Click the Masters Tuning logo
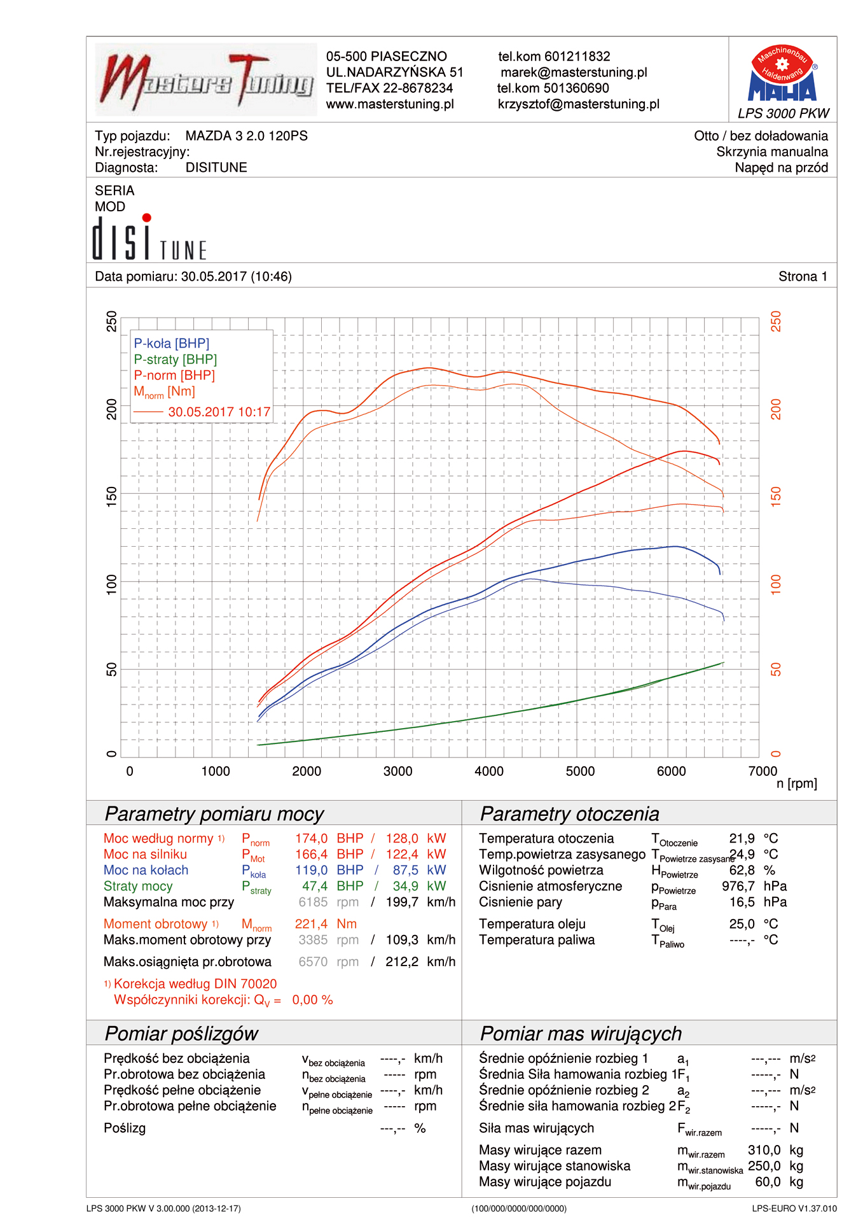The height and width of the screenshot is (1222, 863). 206,80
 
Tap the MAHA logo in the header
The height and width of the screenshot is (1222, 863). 782,75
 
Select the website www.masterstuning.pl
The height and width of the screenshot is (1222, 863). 390,104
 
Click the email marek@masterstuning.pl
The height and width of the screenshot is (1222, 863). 574,73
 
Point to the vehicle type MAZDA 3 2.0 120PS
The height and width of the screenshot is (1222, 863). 246,136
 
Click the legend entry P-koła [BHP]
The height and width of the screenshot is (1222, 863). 171,344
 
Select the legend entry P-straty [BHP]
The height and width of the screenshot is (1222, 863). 175,360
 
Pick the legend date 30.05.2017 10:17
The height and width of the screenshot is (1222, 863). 219,412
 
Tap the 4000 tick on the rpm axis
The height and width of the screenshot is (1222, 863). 488,771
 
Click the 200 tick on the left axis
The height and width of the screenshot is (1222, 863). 112,409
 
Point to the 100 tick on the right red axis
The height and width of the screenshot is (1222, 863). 776,584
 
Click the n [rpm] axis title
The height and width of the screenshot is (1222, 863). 796,784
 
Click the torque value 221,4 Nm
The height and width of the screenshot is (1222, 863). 325,924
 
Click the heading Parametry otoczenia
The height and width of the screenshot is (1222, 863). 569,814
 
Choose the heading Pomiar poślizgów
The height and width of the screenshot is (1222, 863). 181,1034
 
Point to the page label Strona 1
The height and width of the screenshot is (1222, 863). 803,277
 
